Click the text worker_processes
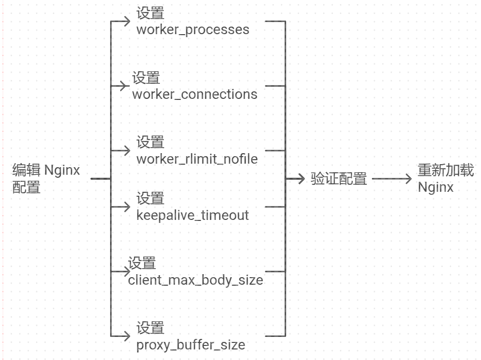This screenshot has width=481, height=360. (193, 30)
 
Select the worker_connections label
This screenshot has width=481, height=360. (195, 94)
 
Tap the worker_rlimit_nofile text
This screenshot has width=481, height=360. (197, 159)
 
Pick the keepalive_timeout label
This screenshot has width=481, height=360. (193, 215)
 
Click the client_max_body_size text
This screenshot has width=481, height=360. (196, 280)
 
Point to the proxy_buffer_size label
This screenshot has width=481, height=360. (190, 345)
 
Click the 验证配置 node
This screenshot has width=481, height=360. (339, 179)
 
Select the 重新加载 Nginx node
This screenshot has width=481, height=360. (445, 178)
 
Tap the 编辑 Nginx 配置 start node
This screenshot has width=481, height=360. (46, 178)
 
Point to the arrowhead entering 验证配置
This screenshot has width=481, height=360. (302, 179)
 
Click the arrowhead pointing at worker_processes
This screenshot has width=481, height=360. (127, 21)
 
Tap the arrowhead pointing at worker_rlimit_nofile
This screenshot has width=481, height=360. (127, 150)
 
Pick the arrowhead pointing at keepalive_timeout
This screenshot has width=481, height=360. (127, 206)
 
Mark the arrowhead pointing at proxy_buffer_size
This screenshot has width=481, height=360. (127, 336)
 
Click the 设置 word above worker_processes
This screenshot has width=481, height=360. (150, 14)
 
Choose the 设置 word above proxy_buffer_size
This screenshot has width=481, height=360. (150, 328)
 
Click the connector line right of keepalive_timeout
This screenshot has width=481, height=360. (274, 206)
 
